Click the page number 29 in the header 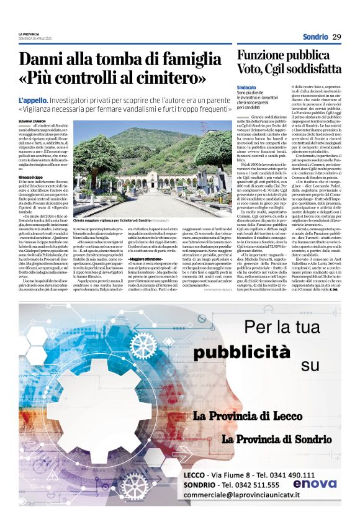336,37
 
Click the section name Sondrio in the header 316,37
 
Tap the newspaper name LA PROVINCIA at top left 29,34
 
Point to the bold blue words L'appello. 33,100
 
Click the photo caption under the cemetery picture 113,221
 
